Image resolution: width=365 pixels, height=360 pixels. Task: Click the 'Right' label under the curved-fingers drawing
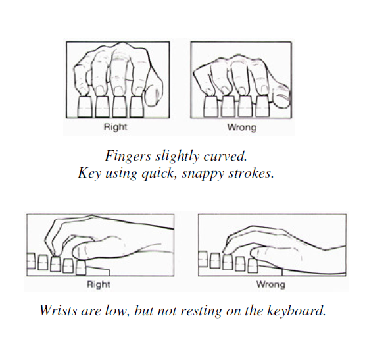116,128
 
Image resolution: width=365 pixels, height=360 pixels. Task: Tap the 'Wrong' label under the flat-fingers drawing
241,128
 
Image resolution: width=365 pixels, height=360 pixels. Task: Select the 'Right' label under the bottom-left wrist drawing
99,285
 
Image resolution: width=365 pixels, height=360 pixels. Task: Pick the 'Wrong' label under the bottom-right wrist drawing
270,285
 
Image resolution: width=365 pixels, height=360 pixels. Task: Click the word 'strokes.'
260,176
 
